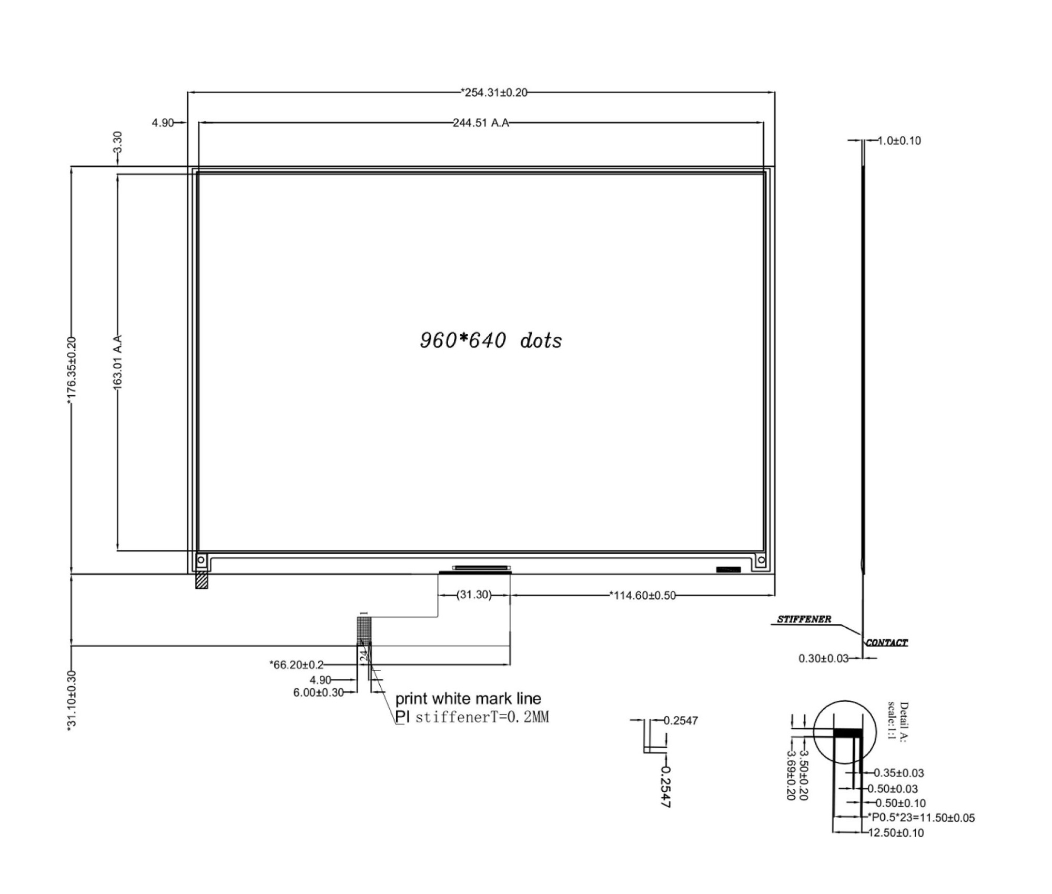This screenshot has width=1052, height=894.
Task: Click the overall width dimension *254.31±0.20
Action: coord(494,93)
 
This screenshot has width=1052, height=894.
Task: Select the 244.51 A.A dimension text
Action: coord(481,123)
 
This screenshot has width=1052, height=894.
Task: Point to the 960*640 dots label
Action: coord(491,340)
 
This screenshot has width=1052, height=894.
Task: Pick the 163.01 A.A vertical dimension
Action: coord(118,363)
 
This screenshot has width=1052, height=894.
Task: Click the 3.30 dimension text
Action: coord(117,142)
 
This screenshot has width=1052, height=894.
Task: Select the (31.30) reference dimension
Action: coord(474,595)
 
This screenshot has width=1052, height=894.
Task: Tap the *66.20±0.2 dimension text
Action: coord(297,665)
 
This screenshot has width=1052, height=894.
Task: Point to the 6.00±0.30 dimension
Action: coord(318,692)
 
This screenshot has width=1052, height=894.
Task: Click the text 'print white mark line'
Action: coord(468,699)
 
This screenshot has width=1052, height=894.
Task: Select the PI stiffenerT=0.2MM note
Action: coord(472,717)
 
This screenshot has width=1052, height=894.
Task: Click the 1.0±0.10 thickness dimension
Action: coord(899,141)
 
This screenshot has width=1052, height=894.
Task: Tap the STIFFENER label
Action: coord(804,619)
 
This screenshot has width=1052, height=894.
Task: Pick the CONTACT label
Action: coord(887,642)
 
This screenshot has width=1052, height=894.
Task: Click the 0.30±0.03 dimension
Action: coord(823,658)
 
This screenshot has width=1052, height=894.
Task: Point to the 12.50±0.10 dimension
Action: coord(896,832)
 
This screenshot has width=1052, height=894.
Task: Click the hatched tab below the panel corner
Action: coord(201,581)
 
